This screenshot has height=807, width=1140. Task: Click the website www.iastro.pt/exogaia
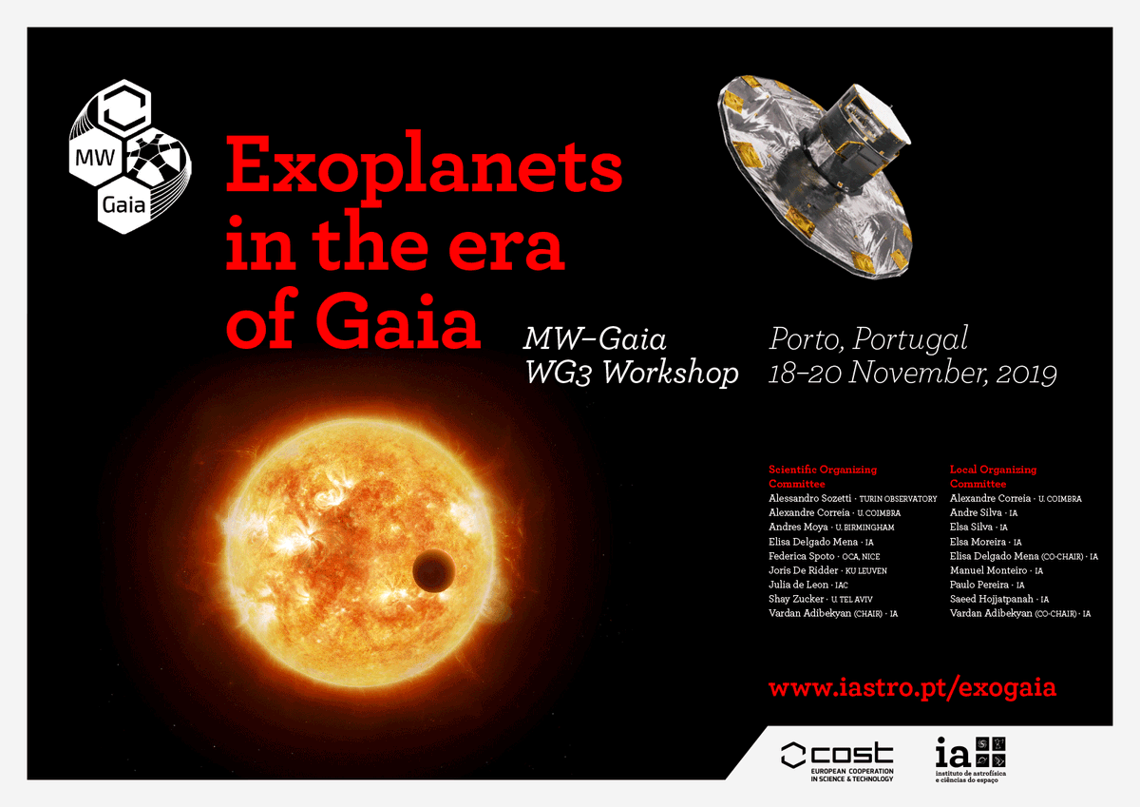[x=912, y=687]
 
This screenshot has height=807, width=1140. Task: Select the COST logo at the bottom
[x=836, y=758]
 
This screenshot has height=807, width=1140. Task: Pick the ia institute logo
[x=970, y=759]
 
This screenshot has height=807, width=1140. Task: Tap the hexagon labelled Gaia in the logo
[x=122, y=204]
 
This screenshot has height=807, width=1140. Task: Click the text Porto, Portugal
[x=868, y=338]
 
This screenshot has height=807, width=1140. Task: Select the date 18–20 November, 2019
[x=912, y=374]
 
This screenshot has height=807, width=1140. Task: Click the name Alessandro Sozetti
[x=810, y=498]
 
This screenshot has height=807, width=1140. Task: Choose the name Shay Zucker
[x=796, y=599]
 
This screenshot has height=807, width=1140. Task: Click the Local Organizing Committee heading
[x=993, y=476]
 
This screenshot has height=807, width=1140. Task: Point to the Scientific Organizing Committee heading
[x=822, y=476]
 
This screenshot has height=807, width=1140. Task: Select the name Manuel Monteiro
[x=990, y=570]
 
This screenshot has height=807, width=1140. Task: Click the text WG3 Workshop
[x=632, y=374]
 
